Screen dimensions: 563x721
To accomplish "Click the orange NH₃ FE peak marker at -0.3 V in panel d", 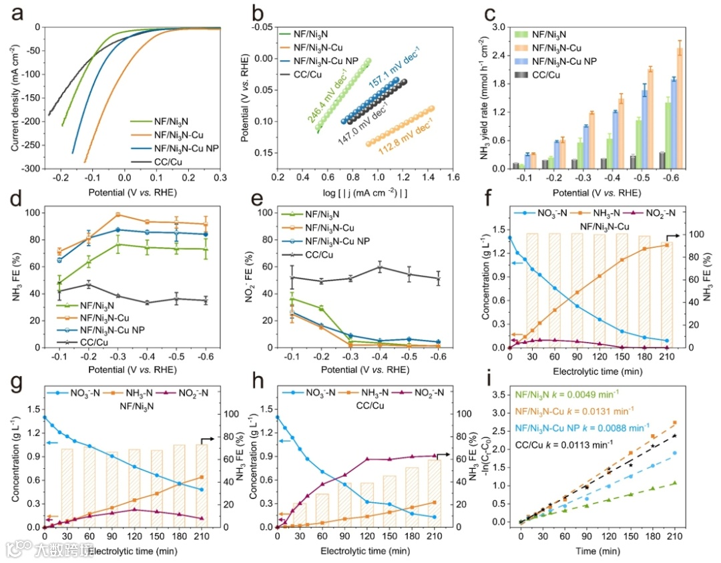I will (x=117, y=215).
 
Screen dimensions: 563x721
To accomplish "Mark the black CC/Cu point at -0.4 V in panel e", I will (x=380, y=267).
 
